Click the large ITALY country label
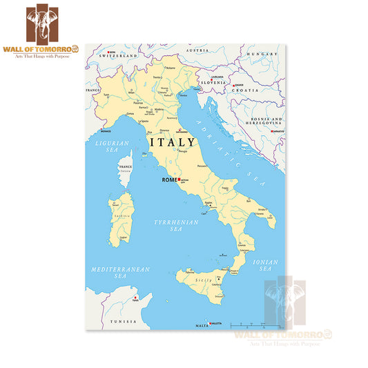coord(172,142)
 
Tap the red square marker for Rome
coord(180,180)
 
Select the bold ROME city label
coord(168,180)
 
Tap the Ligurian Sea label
coord(108,146)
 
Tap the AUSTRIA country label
coord(199,50)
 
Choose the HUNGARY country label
coord(264,52)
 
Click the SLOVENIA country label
coord(213,82)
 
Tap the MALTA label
coord(202,325)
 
